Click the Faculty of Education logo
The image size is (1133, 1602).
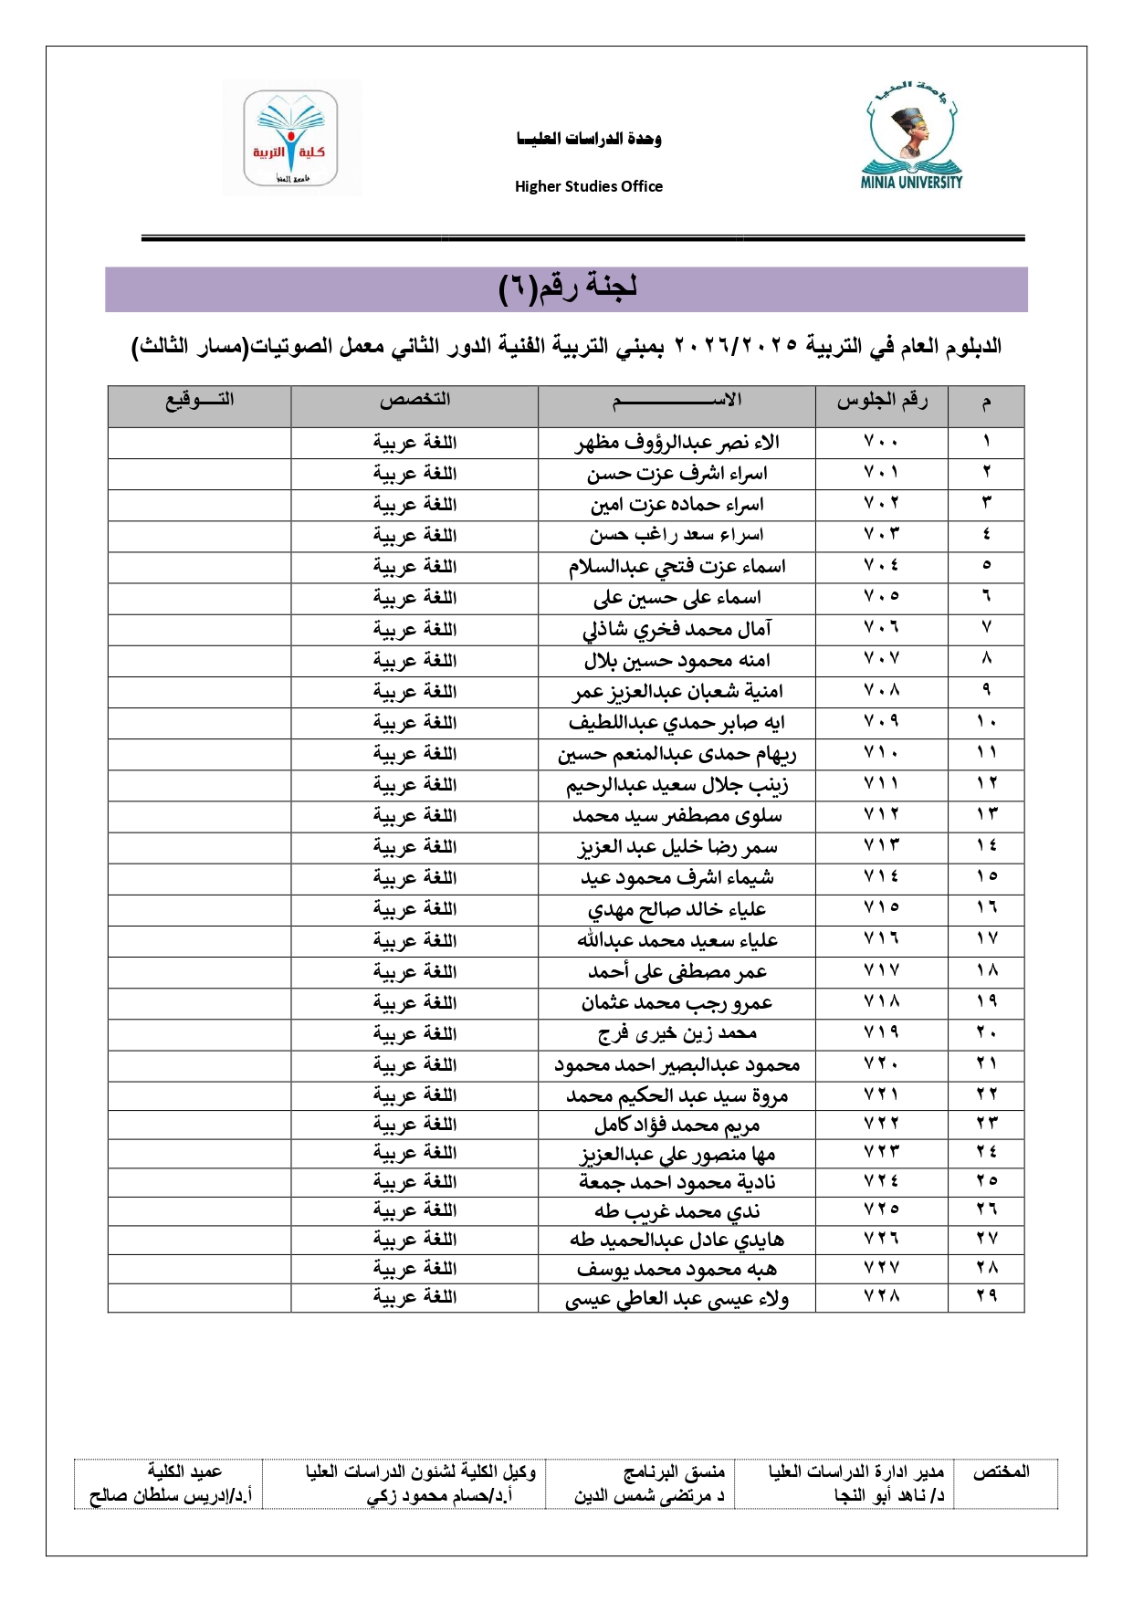click(x=291, y=138)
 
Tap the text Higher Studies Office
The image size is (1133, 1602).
click(x=589, y=186)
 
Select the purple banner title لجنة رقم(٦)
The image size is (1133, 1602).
click(x=567, y=288)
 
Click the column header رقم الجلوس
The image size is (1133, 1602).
click(x=882, y=401)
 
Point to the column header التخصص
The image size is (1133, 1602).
click(x=415, y=400)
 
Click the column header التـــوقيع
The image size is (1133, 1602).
click(x=199, y=400)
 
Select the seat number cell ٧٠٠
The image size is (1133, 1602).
click(x=882, y=443)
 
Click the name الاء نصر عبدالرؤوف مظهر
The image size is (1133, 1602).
click(x=677, y=443)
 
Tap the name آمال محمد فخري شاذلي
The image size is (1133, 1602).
click(x=677, y=629)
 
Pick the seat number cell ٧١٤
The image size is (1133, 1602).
click(x=882, y=877)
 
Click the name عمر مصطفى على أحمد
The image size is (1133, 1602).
click(x=677, y=971)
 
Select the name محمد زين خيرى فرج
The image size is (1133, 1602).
click(x=677, y=1033)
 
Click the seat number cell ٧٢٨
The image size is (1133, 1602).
click(x=882, y=1297)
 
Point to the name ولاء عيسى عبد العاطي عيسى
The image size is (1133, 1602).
click(x=677, y=1298)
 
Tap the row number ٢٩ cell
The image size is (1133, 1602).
click(x=986, y=1297)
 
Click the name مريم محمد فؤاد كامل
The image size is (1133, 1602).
click(x=677, y=1125)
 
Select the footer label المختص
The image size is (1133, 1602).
click(x=1001, y=1471)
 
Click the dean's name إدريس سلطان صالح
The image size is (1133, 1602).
click(x=170, y=1496)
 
